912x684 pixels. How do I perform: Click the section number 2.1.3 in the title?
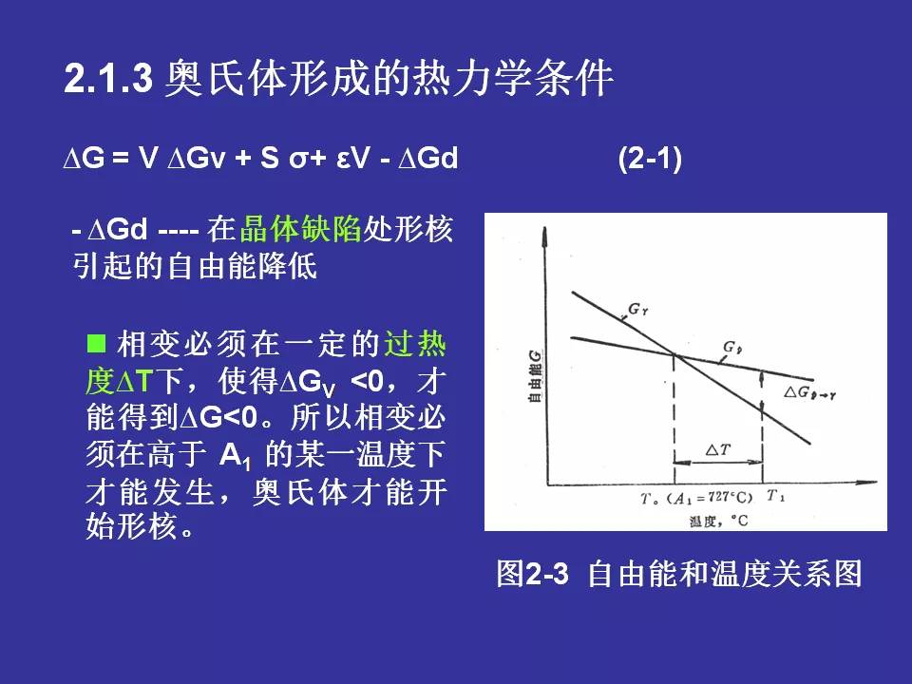tap(108, 78)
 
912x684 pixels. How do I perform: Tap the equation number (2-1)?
tap(650, 159)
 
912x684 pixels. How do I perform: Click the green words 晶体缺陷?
tap(301, 229)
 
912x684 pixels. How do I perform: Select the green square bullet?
tap(96, 343)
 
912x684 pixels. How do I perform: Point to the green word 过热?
tap(415, 344)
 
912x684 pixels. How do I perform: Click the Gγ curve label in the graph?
tap(638, 309)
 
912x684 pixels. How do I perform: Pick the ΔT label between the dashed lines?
tap(718, 449)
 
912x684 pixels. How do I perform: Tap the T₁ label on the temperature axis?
tap(775, 496)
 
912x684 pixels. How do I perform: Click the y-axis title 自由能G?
tap(535, 375)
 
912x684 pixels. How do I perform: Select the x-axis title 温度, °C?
tap(718, 521)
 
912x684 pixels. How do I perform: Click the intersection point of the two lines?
tap(674, 353)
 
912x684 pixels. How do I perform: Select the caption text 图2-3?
tap(532, 574)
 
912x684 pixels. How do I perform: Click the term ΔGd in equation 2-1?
tap(428, 158)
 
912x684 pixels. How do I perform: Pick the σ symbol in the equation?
tap(298, 160)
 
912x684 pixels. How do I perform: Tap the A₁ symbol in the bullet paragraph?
tap(235, 455)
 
